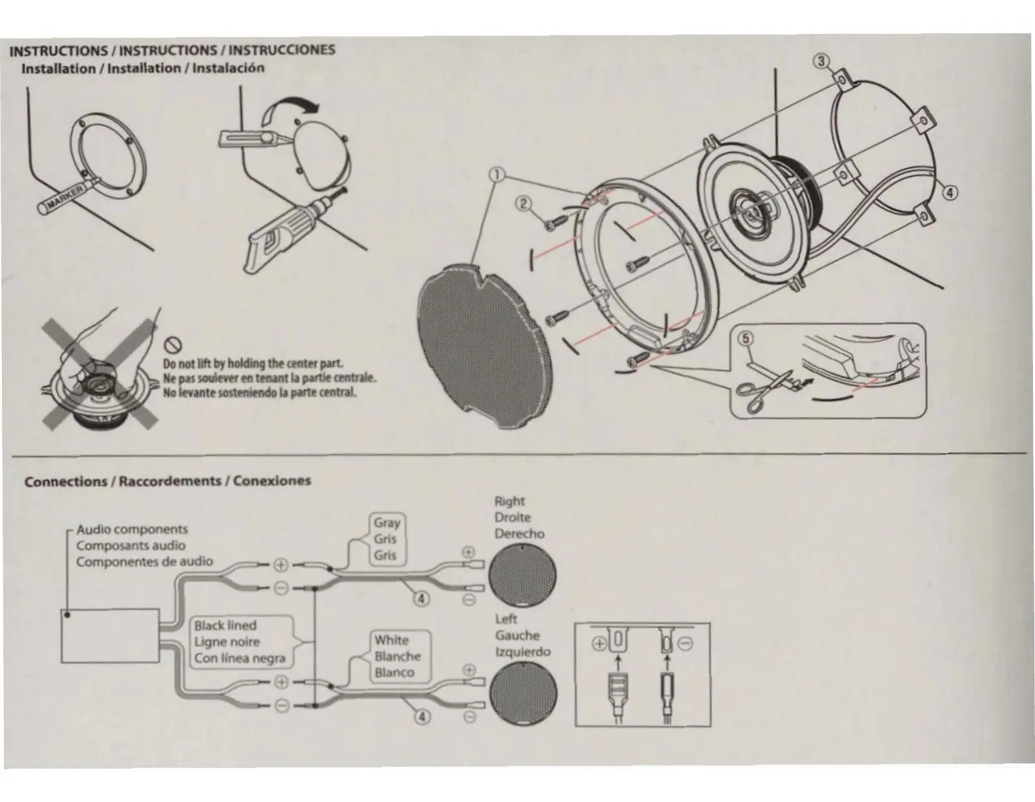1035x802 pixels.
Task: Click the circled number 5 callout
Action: point(745,339)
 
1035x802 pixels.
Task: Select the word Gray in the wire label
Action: point(387,523)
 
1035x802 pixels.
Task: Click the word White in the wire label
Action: point(391,640)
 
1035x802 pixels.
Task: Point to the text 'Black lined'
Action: point(225,626)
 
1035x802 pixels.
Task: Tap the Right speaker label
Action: point(509,501)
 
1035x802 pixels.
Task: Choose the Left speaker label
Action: point(506,619)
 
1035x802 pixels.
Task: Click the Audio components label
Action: point(132,529)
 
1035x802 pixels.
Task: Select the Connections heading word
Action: point(66,482)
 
